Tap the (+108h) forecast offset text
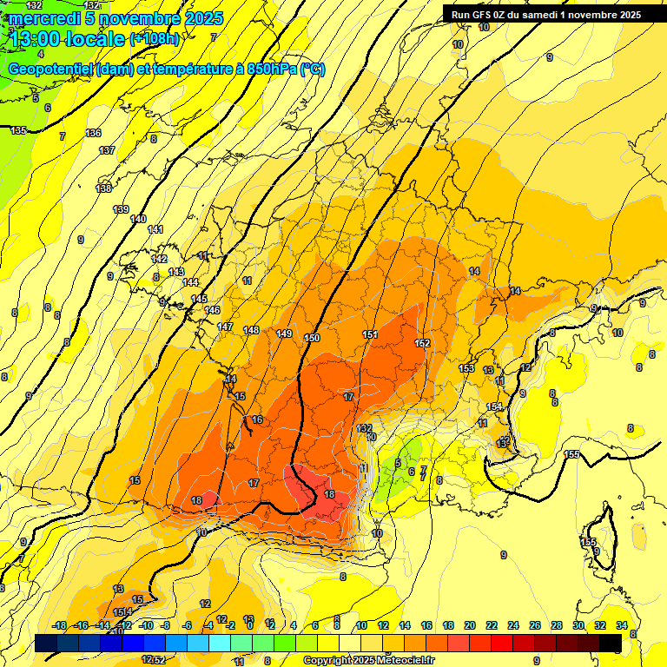155,38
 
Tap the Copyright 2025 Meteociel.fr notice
368,661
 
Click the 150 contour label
313,337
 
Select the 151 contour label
370,334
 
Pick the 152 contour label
422,343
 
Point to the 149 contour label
284,333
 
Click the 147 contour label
226,327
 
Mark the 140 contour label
138,219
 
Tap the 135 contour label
18,130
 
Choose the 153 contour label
467,368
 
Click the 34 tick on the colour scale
622,625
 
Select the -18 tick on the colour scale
60,625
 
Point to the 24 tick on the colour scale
513,625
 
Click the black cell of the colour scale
611,643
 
